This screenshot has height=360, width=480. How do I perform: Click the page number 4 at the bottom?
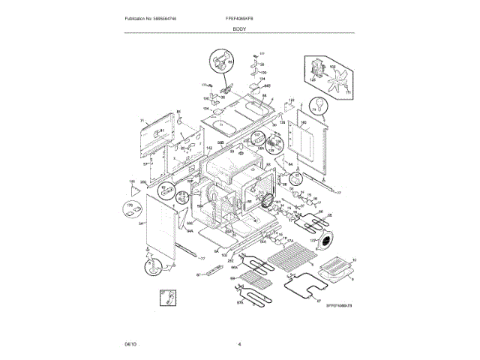238,343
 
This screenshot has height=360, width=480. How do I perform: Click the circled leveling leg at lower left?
154,263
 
